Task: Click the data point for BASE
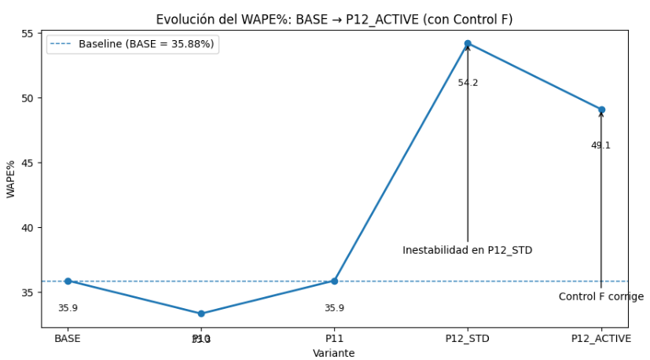[x=68, y=281]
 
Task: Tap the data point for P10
[x=201, y=314]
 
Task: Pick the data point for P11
[x=334, y=281]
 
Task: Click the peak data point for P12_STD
[x=468, y=43]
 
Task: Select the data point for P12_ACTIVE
[x=601, y=109]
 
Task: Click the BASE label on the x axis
[x=68, y=339]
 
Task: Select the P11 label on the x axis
[x=334, y=339]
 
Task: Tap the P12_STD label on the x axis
[x=468, y=339]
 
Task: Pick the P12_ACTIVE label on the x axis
[x=601, y=339]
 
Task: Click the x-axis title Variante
[x=334, y=353]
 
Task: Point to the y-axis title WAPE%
[x=10, y=178]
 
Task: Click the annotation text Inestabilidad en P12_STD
[x=468, y=250]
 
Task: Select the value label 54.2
[x=468, y=83]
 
